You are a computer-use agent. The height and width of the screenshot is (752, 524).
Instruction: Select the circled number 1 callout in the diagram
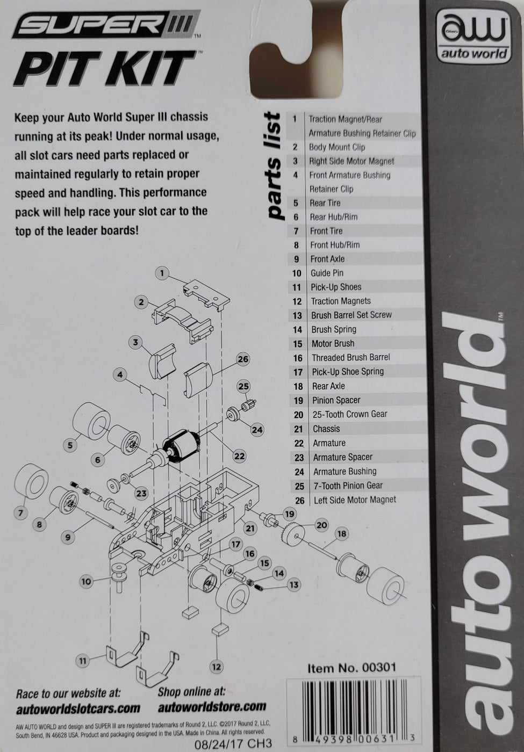(x=162, y=273)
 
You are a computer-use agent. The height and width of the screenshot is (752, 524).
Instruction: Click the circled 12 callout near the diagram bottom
(x=216, y=667)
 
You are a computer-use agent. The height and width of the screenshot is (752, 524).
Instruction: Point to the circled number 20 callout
(x=321, y=525)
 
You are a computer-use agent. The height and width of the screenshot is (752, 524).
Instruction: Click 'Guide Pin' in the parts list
(x=327, y=273)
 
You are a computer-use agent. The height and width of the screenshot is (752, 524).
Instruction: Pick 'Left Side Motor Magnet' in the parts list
(x=355, y=500)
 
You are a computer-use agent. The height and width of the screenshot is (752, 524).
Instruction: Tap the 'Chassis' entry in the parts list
(x=326, y=429)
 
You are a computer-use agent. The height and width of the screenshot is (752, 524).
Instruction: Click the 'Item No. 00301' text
(x=351, y=668)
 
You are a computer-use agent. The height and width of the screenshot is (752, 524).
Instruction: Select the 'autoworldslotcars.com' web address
(x=78, y=709)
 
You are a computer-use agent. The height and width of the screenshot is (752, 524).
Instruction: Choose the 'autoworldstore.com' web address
(x=212, y=706)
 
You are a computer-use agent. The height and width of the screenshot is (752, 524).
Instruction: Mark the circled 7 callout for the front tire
(x=20, y=513)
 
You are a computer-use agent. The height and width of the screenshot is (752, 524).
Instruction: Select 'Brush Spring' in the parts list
(x=334, y=329)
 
